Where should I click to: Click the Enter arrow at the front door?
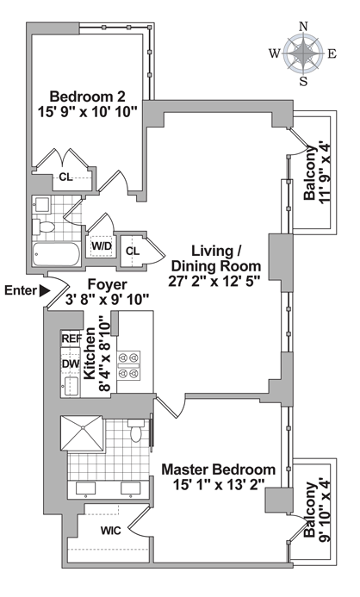coord(45,290)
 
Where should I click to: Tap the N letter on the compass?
coord(303,26)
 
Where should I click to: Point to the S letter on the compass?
coord(303,81)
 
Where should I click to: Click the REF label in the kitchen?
coord(71,339)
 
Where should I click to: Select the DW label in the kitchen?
coord(71,364)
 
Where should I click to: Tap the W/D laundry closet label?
coord(102,246)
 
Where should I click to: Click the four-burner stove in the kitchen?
coord(128,366)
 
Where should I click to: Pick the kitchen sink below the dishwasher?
coord(71,386)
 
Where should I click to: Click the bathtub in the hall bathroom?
coord(56,254)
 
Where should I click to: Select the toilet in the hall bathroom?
coord(43,227)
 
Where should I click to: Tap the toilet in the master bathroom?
coord(136,430)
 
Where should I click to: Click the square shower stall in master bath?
coord(82,433)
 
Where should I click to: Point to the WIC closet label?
coord(111,531)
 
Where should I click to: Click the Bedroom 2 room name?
coord(88,96)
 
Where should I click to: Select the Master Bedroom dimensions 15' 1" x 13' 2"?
coord(219,485)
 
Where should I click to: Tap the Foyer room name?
coord(108,284)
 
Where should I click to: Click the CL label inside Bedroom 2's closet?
coord(65,177)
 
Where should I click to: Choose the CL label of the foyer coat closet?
coord(133,252)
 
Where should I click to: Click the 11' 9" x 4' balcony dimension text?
coord(326,173)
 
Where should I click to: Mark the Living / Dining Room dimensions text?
coord(214,281)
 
